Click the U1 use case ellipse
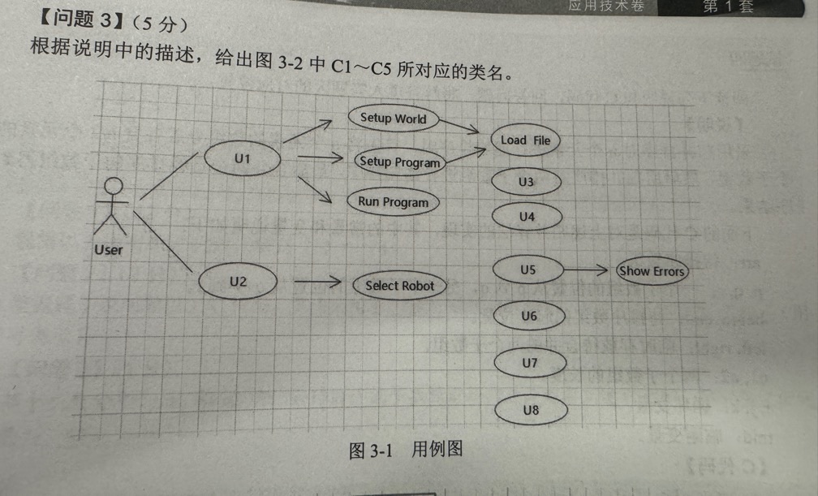[242, 159]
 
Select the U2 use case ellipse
[238, 283]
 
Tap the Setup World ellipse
[393, 119]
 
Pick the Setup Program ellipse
[400, 162]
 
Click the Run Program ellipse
[394, 202]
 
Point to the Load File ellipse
[525, 140]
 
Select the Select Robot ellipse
[399, 286]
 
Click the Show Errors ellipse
[652, 271]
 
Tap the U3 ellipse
[527, 182]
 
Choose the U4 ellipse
[527, 217]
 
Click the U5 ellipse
[528, 270]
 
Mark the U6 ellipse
[529, 316]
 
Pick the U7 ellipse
[530, 363]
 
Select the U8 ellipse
[531, 410]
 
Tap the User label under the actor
[108, 250]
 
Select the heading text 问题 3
[78, 20]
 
